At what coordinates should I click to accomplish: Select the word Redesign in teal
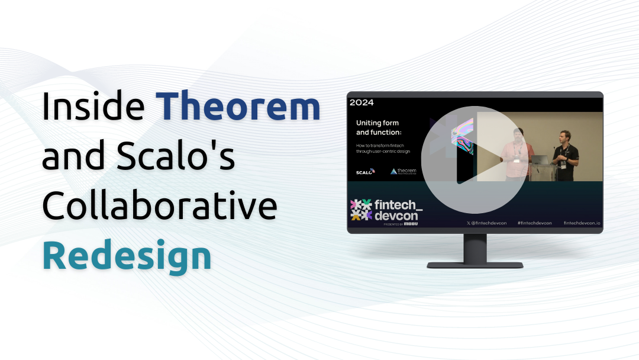click(x=127, y=256)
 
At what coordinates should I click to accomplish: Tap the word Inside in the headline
click(x=93, y=107)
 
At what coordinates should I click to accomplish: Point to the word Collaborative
click(x=160, y=207)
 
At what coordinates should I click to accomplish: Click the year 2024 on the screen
click(x=362, y=102)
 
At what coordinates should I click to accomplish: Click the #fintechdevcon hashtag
click(x=534, y=223)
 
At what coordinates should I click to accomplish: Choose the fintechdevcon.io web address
click(x=582, y=223)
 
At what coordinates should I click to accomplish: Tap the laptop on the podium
click(x=540, y=159)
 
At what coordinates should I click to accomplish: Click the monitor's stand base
click(x=475, y=265)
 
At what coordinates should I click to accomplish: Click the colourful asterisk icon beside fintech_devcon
click(x=361, y=209)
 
